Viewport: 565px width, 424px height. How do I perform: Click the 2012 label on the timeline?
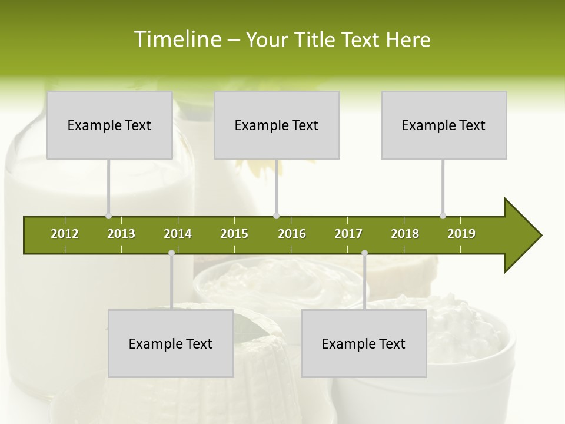point(65,234)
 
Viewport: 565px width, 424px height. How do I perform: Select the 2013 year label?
point(121,234)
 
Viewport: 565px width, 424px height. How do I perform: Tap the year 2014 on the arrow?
point(178,234)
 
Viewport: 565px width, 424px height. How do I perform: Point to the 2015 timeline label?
point(234,234)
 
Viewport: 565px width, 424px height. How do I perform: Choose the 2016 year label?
point(292,234)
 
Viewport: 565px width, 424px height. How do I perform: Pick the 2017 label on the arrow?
point(348,234)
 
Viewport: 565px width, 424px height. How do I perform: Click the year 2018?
point(405,234)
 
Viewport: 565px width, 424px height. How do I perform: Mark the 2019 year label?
point(461,234)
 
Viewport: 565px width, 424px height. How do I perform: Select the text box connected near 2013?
point(109,125)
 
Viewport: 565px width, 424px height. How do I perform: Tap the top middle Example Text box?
point(277,125)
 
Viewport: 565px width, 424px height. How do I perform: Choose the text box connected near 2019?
point(444,125)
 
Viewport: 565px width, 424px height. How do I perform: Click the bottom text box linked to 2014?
point(171,343)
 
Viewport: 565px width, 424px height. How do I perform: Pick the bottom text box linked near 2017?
point(364,343)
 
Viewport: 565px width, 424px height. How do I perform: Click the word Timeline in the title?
point(177,39)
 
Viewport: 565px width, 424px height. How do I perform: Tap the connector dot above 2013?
point(109,216)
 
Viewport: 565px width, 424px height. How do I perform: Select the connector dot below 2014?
point(171,253)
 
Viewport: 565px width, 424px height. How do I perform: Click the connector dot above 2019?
point(443,216)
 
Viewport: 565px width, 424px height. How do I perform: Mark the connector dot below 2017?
point(364,253)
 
